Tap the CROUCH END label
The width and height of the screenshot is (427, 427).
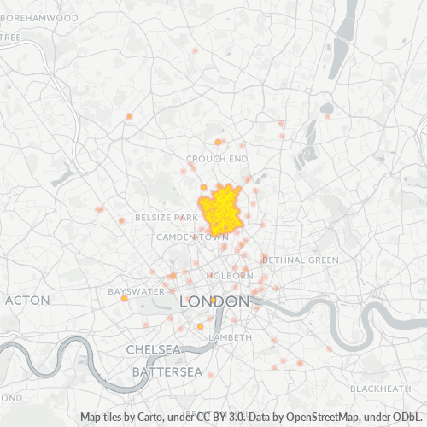click(x=217, y=159)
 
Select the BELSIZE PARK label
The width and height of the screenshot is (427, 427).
click(x=167, y=218)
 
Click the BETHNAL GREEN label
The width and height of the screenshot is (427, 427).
click(x=301, y=259)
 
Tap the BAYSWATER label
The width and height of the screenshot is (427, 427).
click(x=135, y=291)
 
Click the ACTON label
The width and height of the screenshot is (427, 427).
click(x=27, y=301)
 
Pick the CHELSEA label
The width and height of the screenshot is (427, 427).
click(x=153, y=350)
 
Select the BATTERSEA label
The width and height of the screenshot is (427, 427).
click(x=167, y=372)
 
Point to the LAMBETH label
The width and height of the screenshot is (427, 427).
click(x=231, y=337)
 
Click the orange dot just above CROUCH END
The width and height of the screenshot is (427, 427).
click(x=218, y=142)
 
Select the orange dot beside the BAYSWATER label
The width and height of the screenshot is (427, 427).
click(x=124, y=299)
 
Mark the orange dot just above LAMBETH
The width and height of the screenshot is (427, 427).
click(x=200, y=326)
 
